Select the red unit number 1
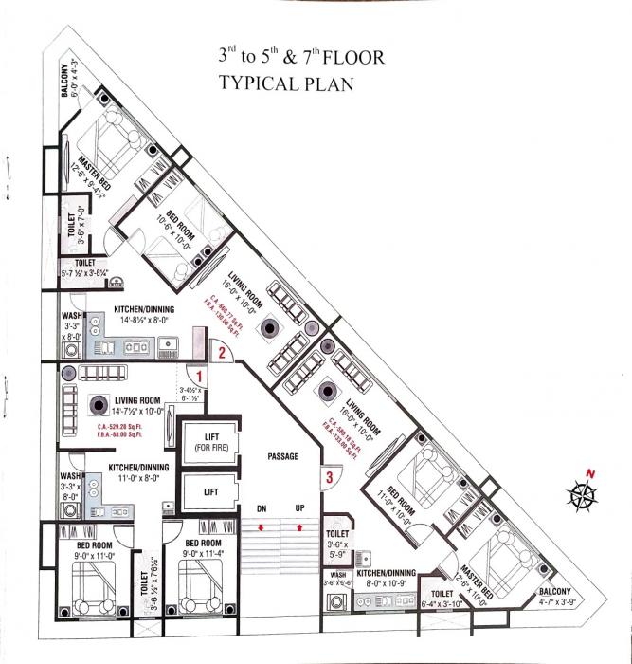[x=201, y=376]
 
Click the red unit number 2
[x=220, y=353]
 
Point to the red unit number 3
[x=329, y=476]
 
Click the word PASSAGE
[x=282, y=456]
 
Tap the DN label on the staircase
[x=260, y=509]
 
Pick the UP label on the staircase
[x=300, y=509]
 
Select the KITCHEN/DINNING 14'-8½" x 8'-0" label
[x=145, y=316]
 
